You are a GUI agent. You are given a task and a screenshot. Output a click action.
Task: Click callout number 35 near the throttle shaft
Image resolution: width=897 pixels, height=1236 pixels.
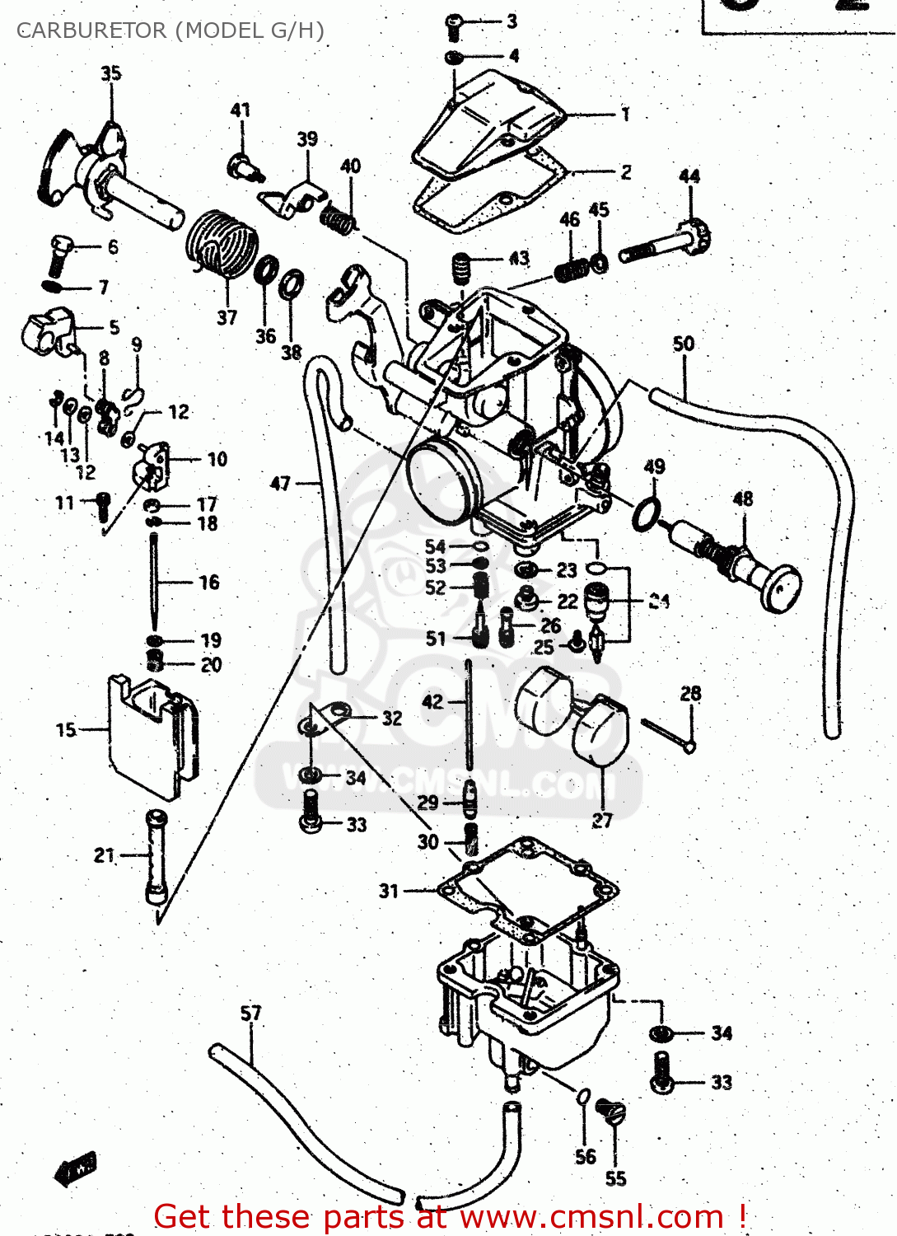[x=111, y=73]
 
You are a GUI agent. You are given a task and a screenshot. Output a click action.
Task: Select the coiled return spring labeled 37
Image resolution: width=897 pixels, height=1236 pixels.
[x=222, y=243]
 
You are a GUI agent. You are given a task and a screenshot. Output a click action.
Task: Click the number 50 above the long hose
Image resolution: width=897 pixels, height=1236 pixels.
[x=684, y=344]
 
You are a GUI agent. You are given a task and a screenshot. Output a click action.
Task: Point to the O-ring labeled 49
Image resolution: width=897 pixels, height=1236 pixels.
[x=647, y=515]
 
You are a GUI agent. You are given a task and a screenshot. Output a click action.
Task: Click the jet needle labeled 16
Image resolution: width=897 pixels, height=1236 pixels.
[x=155, y=581]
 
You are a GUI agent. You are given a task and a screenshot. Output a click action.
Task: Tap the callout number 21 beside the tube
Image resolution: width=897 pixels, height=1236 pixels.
[x=105, y=855]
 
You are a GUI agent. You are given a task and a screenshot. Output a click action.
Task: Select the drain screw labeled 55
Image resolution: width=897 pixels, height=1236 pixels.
[x=610, y=1113]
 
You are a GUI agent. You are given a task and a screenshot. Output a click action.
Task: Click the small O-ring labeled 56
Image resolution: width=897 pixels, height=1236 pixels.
[x=582, y=1096]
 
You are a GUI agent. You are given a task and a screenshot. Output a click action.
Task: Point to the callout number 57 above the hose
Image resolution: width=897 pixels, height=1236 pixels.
[x=250, y=1013]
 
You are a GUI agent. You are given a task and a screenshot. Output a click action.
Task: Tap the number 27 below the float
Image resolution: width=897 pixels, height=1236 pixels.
[x=602, y=820]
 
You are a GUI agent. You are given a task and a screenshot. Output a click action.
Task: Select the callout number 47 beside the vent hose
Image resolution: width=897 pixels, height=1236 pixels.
[x=281, y=483]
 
